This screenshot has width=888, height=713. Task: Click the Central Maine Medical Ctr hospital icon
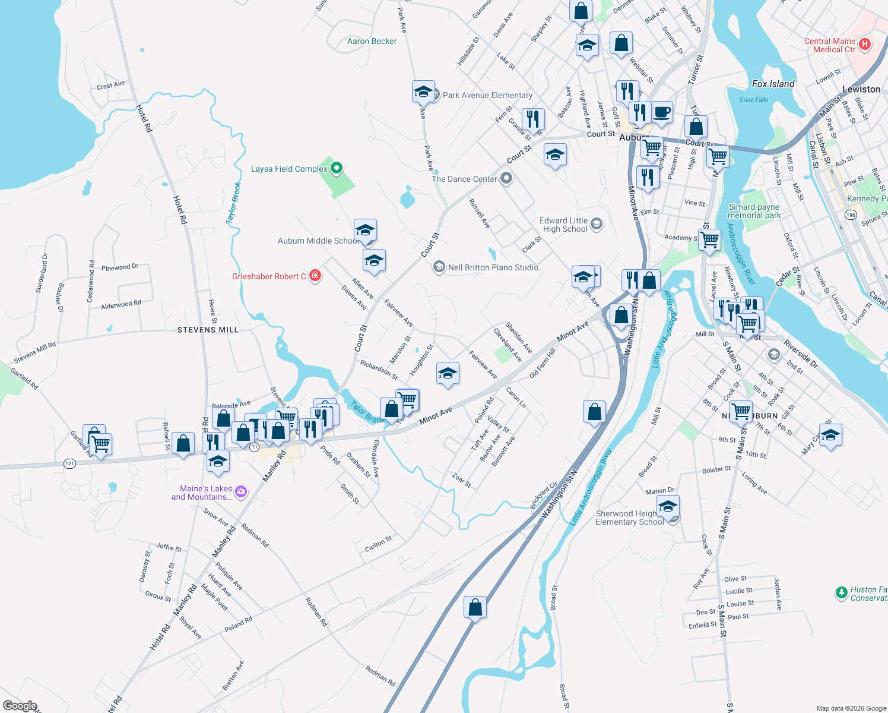[865, 44]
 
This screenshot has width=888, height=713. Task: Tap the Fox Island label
[773, 84]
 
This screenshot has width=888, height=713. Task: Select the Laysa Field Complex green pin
[337, 168]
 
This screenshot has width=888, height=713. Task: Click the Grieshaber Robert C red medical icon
[315, 276]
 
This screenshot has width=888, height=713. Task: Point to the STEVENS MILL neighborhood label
[208, 330]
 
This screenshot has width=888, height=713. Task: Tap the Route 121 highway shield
[70, 463]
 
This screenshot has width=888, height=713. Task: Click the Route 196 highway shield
[851, 215]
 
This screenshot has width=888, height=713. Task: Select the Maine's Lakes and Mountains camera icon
[240, 491]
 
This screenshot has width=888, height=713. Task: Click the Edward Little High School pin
[597, 224]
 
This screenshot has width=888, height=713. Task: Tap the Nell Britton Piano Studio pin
[439, 267]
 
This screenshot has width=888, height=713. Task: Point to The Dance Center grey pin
[506, 178]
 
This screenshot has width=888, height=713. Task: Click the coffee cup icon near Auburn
[661, 112]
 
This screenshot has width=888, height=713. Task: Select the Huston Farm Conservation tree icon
[841, 592]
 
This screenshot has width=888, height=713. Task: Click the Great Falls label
[753, 100]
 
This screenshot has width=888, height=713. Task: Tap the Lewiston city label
[861, 89]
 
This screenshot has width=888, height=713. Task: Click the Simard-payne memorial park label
[754, 211]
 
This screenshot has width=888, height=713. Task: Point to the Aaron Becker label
[372, 41]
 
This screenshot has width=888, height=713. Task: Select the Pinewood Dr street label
[119, 267]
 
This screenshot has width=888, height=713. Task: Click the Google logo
[20, 705]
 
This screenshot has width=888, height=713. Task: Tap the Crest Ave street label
[110, 86]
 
